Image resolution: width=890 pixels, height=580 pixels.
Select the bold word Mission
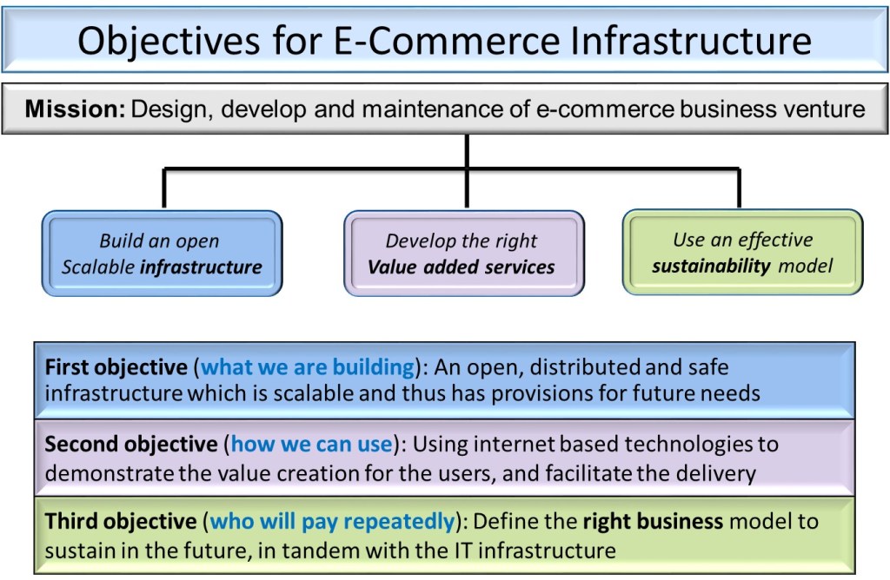coord(75,109)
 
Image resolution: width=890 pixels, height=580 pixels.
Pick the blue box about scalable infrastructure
coord(162,253)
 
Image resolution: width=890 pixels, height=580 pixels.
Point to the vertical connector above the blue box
coord(163,188)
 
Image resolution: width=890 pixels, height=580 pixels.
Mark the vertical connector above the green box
coord(740,188)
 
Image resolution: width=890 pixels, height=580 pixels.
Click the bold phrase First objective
coord(116,367)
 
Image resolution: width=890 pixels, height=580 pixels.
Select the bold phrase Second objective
coord(130,445)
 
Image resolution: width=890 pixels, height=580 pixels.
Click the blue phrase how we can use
coord(312,445)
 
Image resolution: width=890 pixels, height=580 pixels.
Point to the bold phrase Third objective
coord(120,522)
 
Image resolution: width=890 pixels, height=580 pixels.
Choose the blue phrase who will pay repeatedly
coord(332,522)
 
